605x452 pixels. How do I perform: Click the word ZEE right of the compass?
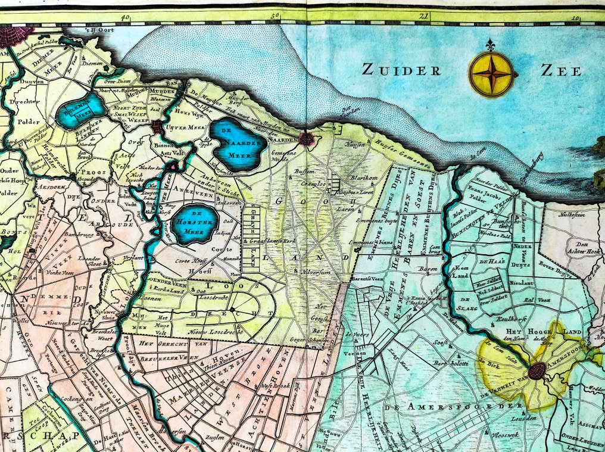[560, 71]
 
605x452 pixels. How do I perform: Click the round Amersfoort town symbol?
[537, 370]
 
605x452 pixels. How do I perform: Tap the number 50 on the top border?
[275, 18]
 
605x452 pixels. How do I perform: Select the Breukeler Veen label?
[166, 359]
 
